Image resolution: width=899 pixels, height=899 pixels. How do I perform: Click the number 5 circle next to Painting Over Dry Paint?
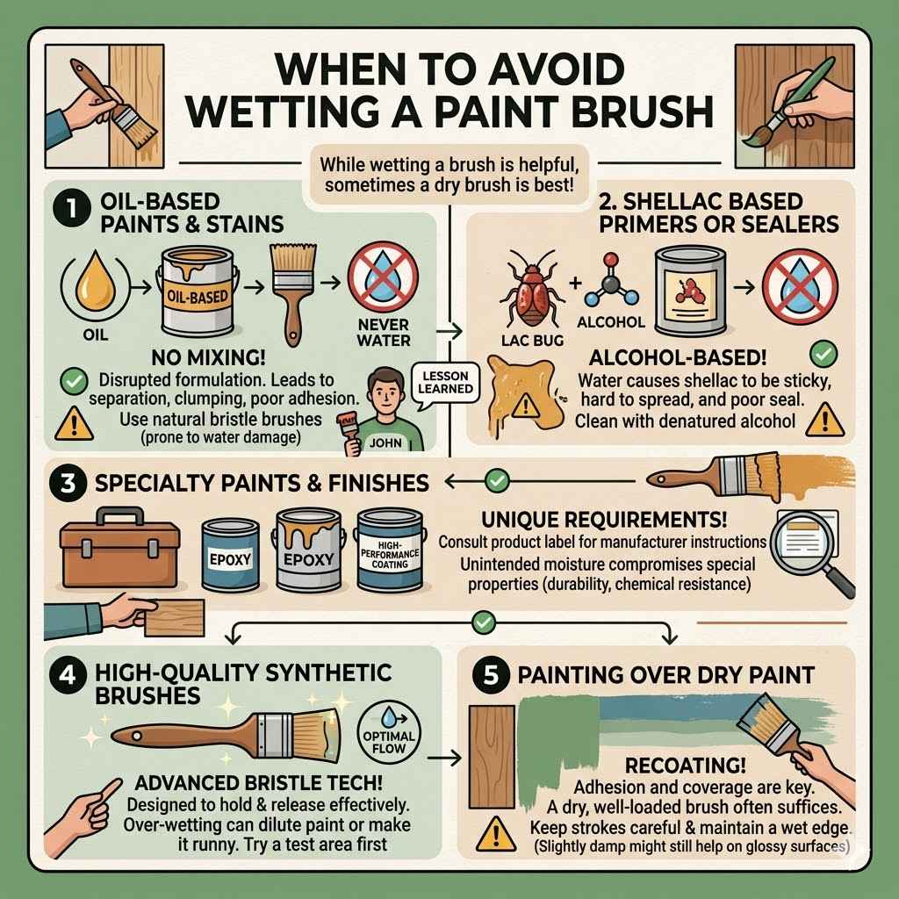coord(493,676)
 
